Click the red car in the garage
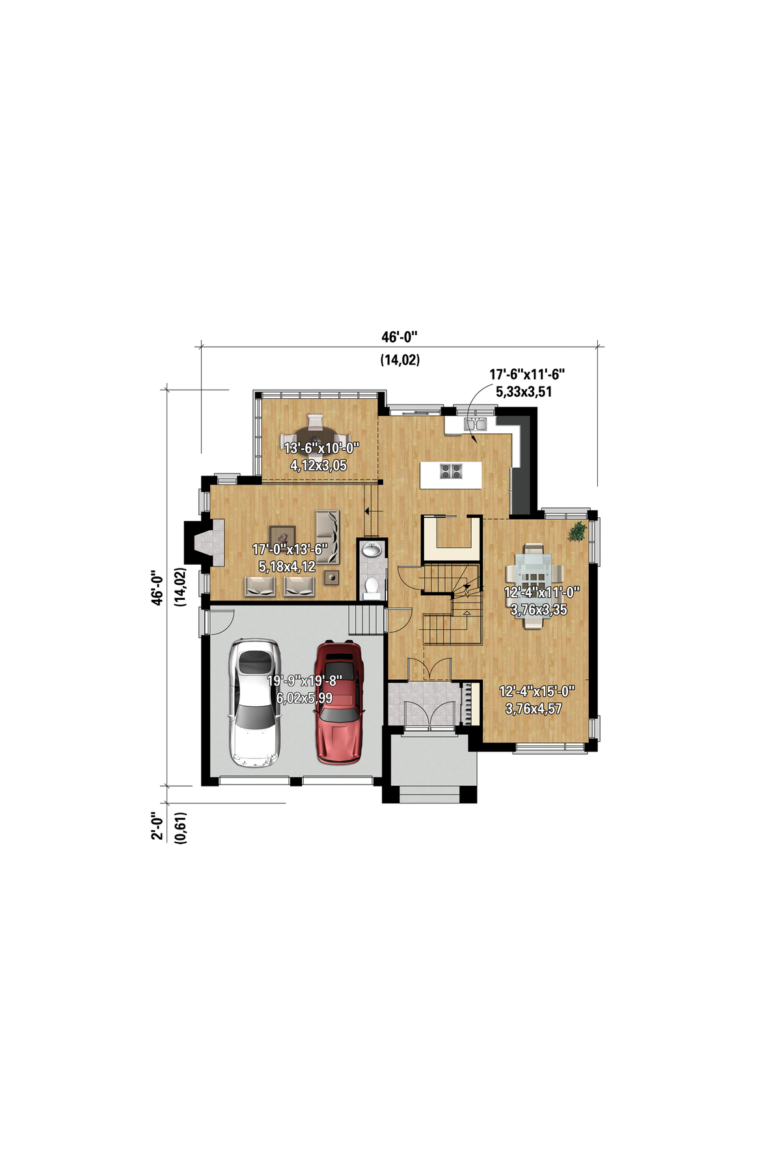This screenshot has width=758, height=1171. tap(338, 702)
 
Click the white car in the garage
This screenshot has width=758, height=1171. tap(255, 703)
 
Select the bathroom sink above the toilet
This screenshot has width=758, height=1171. tap(372, 550)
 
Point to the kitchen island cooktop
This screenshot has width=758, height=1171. tap(451, 470)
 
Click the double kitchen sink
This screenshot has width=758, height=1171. tap(475, 425)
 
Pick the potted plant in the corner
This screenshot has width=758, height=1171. tap(577, 531)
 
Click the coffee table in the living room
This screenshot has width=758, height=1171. tap(282, 537)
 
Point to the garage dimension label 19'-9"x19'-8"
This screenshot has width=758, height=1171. tap(305, 681)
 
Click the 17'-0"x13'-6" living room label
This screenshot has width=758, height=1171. tap(290, 550)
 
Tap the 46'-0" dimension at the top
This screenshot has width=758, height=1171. tap(399, 337)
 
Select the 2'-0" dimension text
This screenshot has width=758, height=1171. tap(157, 826)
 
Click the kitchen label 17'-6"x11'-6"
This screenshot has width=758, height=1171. tap(527, 374)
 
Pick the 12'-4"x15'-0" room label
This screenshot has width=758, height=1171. tap(537, 692)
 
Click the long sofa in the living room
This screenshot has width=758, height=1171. tap(327, 537)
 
